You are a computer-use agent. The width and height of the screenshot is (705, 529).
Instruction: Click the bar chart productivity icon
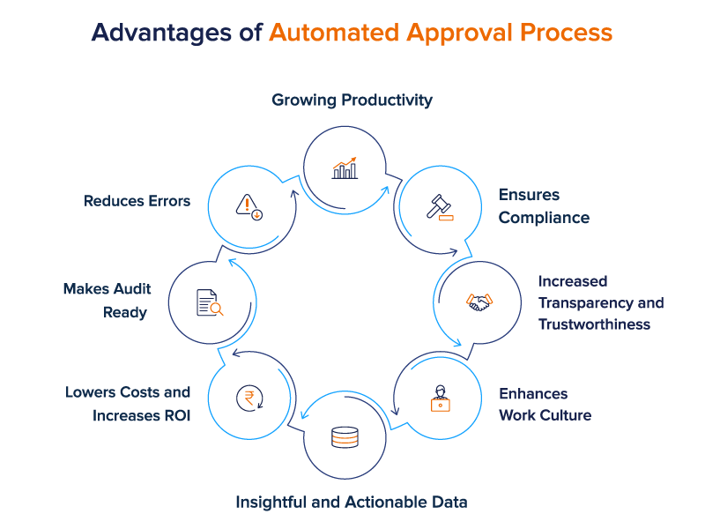click(x=345, y=168)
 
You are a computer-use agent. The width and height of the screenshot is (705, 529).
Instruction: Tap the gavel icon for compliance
click(x=440, y=207)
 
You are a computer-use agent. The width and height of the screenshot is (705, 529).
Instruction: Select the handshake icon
click(x=479, y=302)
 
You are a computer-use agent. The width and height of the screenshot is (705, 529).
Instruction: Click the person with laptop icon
click(x=440, y=399)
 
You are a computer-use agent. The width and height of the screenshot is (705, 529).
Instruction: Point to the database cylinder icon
click(x=345, y=437)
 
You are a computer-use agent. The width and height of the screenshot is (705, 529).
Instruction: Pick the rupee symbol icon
click(x=249, y=399)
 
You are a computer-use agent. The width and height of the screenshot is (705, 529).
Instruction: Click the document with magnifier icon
click(x=210, y=302)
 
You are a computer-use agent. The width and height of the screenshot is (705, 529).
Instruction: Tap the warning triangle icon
click(x=249, y=207)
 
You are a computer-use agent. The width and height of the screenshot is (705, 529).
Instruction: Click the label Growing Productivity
click(x=352, y=100)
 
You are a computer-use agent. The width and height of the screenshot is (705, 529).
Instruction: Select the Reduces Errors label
click(x=137, y=201)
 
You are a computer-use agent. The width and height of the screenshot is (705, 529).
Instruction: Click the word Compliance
click(x=544, y=218)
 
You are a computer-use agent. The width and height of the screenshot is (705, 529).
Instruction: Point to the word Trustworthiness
click(x=594, y=324)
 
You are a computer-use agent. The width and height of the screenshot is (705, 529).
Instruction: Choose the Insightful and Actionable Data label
click(x=352, y=502)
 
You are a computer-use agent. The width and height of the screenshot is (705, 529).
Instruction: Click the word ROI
click(x=178, y=415)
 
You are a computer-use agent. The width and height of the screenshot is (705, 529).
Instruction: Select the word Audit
click(x=132, y=289)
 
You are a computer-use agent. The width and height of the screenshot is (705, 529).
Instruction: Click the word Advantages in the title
click(x=162, y=34)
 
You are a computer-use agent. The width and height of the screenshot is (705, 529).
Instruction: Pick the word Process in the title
click(x=566, y=33)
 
